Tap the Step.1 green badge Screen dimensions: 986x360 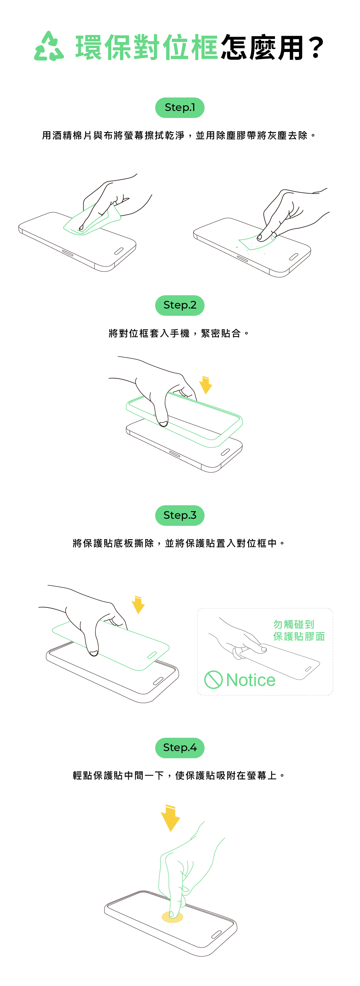tap(180, 108)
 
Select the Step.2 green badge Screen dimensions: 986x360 tap(180, 306)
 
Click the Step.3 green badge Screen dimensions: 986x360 tap(180, 515)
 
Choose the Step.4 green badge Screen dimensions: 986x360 tap(180, 747)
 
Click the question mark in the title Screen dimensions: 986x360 tap(316, 47)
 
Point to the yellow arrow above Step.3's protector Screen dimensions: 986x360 tap(138, 605)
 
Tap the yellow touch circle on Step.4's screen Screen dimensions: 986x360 tap(173, 917)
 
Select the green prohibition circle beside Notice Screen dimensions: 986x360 tap(213, 680)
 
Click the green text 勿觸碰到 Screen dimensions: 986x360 tap(293, 624)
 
